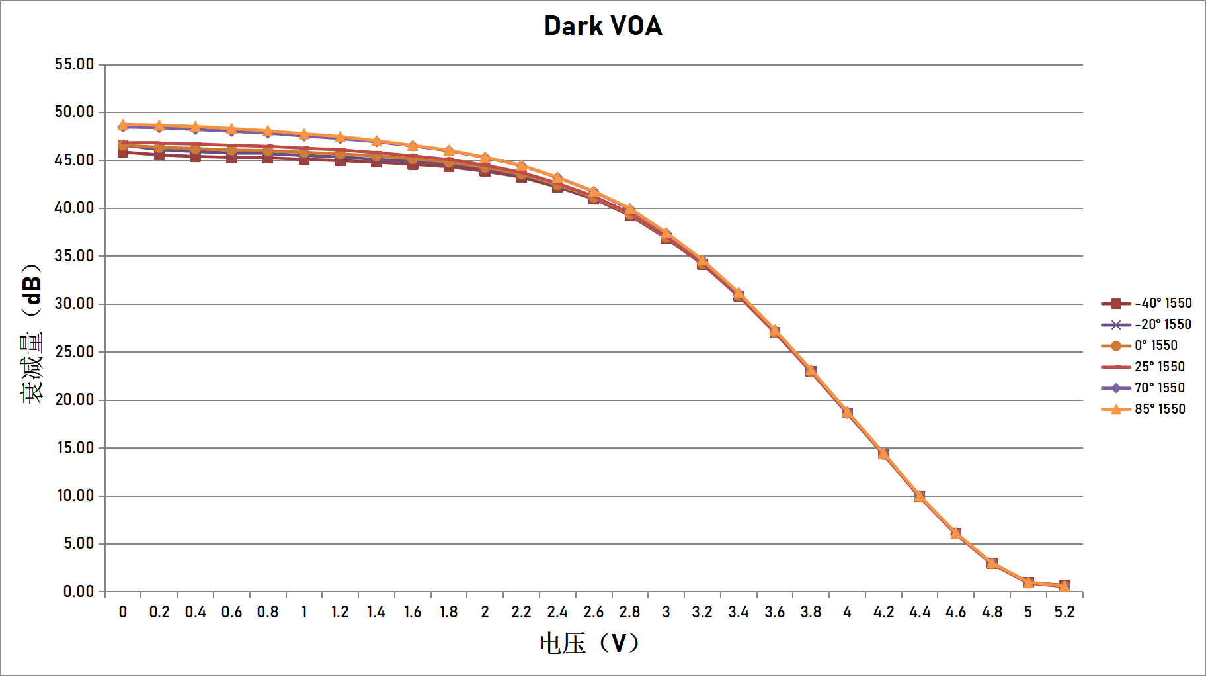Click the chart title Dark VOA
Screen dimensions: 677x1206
[x=603, y=26]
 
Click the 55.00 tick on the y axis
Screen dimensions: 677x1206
[x=74, y=64]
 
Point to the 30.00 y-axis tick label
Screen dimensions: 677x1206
[x=74, y=304]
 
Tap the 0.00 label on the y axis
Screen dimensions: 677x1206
[x=78, y=592]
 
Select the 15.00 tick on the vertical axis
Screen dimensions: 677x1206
[x=75, y=448]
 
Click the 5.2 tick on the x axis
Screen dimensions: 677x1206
[x=1064, y=612]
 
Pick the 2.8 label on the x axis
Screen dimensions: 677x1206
[x=629, y=612]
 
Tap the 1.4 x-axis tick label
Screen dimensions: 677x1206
[x=376, y=612]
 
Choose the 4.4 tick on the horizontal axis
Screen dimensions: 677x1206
[x=919, y=612]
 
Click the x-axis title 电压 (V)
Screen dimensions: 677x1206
[x=588, y=643]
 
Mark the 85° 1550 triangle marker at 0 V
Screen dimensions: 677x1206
[x=123, y=124]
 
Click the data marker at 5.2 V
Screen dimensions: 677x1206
[x=1064, y=586]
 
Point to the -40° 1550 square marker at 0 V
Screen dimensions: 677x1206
[x=123, y=152]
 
